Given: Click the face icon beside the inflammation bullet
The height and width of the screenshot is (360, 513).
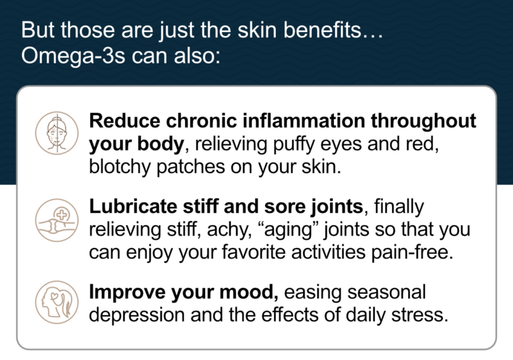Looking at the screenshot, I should pyautogui.click(x=56, y=133).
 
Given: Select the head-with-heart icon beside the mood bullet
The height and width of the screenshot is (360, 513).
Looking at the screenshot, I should pyautogui.click(x=56, y=302).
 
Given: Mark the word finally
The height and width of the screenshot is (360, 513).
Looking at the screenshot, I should pyautogui.click(x=399, y=207).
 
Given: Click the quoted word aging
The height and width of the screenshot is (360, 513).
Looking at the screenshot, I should pyautogui.click(x=299, y=230).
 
